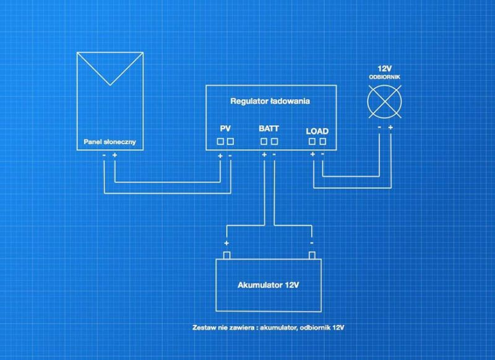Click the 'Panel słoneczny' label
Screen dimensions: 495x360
pyautogui.click(x=110, y=142)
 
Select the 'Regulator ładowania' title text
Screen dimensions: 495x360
pyautogui.click(x=270, y=101)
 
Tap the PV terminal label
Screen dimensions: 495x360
pyautogui.click(x=225, y=129)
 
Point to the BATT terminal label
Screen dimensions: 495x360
pyautogui.click(x=269, y=129)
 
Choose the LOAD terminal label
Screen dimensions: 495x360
pyautogui.click(x=317, y=131)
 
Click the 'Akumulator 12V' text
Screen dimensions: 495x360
pyautogui.click(x=269, y=285)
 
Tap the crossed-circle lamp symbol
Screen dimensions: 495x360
pyautogui.click(x=384, y=101)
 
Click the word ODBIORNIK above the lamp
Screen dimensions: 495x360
pyautogui.click(x=384, y=77)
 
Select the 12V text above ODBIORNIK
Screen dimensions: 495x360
pyautogui.click(x=384, y=69)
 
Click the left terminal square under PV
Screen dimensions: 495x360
pyautogui.click(x=220, y=142)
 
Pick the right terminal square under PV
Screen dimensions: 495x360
pyautogui.click(x=230, y=142)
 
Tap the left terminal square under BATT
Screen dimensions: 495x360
pyautogui.click(x=264, y=142)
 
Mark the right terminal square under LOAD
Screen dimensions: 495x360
pyautogui.click(x=322, y=142)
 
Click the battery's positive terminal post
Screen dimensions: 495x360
pyautogui.click(x=226, y=255)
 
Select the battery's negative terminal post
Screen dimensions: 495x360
pyautogui.click(x=312, y=255)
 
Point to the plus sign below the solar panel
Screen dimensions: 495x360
pyautogui.click(x=114, y=155)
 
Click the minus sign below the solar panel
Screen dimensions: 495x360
pyautogui.click(x=104, y=155)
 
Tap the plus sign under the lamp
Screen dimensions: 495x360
pyautogui.click(x=390, y=127)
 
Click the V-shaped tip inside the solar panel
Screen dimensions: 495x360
pyautogui.click(x=110, y=85)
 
